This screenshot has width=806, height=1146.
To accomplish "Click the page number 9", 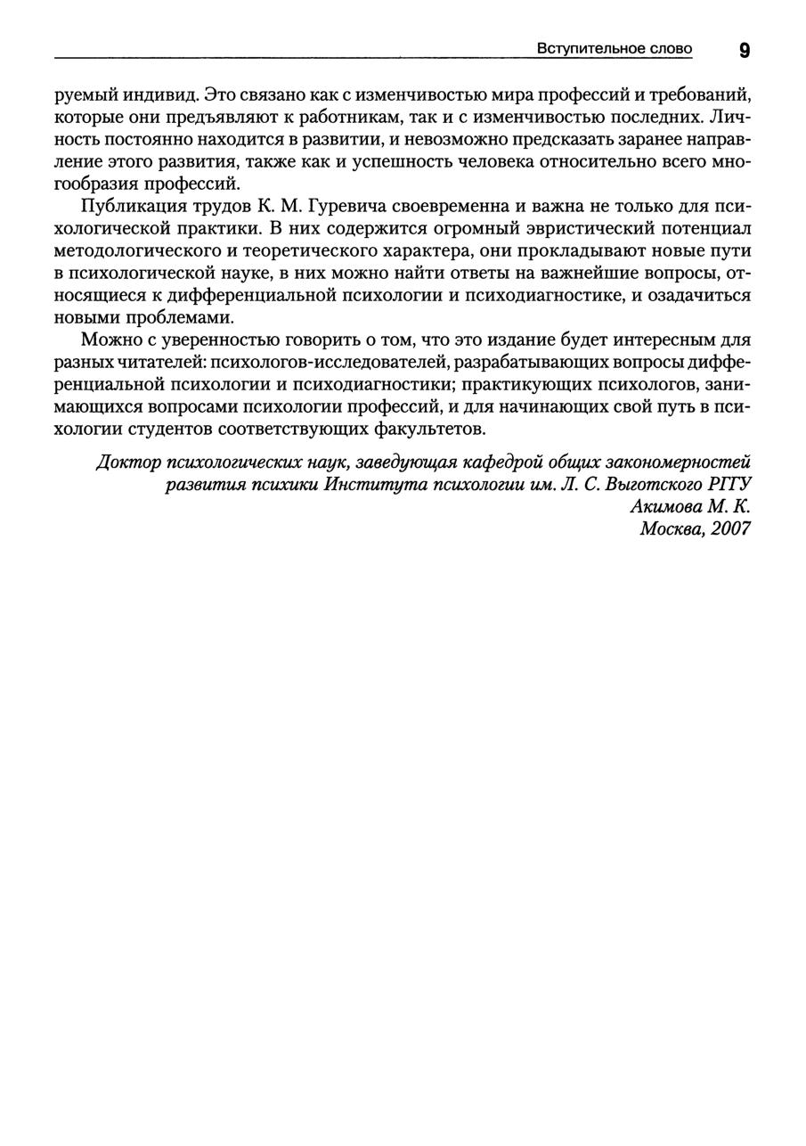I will tap(744, 50).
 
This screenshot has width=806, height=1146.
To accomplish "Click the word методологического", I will tap(137, 250).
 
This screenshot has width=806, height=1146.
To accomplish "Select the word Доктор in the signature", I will tap(128, 462).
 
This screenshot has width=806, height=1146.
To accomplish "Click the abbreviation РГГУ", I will tap(729, 485).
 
